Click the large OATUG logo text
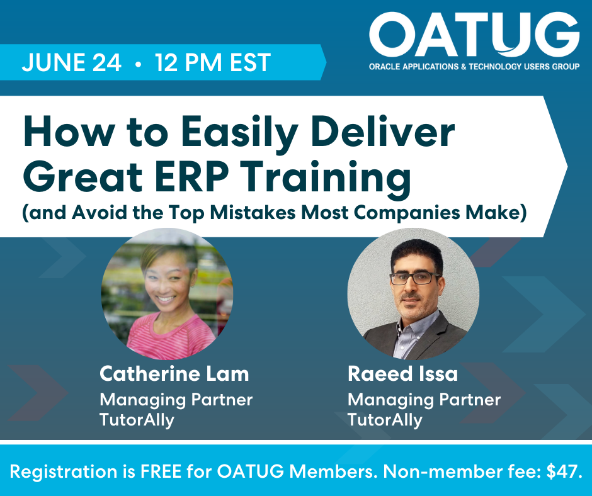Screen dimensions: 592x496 point(474,35)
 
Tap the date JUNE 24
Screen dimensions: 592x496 point(72,62)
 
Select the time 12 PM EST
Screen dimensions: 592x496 point(213,62)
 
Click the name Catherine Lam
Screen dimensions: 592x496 point(174,374)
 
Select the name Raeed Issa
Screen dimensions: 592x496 point(402,374)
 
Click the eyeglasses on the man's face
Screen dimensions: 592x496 point(415,279)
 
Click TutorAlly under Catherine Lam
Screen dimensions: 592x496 point(137,420)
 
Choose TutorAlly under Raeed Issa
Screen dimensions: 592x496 point(385,420)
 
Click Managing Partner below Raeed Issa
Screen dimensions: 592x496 point(424,400)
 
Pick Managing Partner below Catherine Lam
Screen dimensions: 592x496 point(176,400)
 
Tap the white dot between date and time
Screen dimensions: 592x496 point(138,64)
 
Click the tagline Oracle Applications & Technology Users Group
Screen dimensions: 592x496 point(474,67)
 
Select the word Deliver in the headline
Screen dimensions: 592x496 point(383,132)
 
